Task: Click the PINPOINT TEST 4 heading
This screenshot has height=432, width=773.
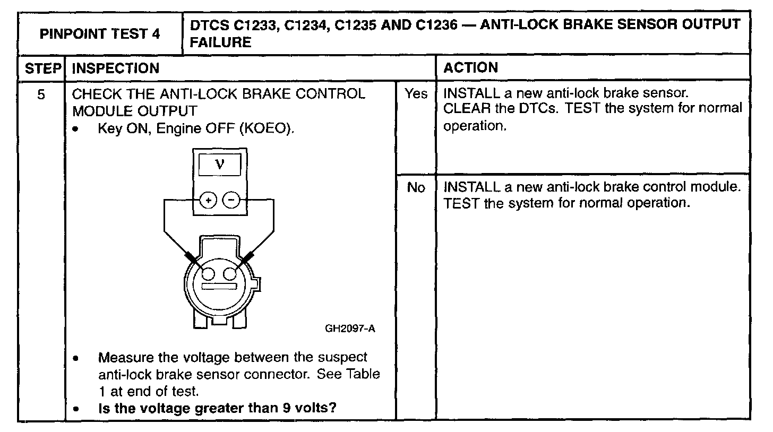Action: pos(100,34)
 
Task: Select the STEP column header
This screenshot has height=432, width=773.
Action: pos(41,68)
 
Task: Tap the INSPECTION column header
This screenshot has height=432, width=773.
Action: pos(115,68)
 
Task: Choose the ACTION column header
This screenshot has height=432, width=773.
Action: pos(470,68)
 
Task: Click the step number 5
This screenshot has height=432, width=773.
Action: pos(41,94)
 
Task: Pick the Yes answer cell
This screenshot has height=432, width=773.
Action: pos(416,94)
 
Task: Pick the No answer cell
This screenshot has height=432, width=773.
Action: pos(416,188)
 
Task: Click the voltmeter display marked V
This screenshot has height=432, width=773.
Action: pos(219,165)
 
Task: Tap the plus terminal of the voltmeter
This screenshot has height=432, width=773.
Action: pos(208,200)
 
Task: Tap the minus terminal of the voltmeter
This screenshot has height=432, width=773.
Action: pos(231,200)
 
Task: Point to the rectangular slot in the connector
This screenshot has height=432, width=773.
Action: pos(219,287)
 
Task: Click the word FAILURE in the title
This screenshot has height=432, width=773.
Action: pos(220,42)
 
